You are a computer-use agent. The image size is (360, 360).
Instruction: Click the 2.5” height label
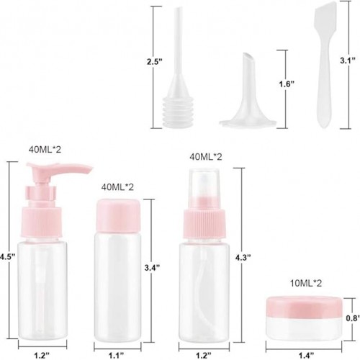pyautogui.click(x=155, y=62)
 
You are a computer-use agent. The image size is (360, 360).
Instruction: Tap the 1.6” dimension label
pyautogui.click(x=287, y=84)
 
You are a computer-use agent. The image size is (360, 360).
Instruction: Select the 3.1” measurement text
pyautogui.click(x=348, y=60)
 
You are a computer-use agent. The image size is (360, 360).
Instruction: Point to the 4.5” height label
pyautogui.click(x=7, y=257)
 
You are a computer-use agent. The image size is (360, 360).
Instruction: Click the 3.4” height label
pyautogui.click(x=152, y=267)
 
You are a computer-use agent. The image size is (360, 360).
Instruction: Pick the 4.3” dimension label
pyautogui.click(x=243, y=257)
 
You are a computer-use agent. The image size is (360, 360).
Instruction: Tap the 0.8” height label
pyautogui.click(x=353, y=318)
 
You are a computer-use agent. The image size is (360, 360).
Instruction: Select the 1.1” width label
pyautogui.click(x=117, y=355)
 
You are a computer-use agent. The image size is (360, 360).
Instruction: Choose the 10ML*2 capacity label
pyautogui.click(x=306, y=284)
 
